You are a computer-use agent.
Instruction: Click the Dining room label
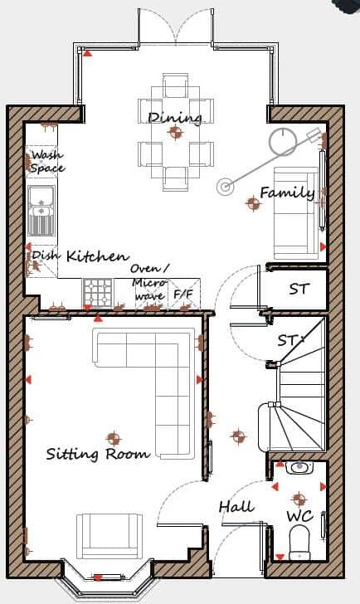[175, 117]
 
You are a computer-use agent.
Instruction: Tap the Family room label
[287, 193]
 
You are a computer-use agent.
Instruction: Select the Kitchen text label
[98, 256]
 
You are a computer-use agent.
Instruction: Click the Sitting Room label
[98, 454]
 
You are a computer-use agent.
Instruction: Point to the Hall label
[236, 506]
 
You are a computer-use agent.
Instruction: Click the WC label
[299, 516]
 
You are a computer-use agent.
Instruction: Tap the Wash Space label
[46, 162]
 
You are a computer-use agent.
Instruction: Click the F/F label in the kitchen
[182, 295]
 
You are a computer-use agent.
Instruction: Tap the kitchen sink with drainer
[40, 211]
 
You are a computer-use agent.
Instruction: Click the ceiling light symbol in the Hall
[239, 436]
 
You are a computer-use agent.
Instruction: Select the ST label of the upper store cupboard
[298, 290]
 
